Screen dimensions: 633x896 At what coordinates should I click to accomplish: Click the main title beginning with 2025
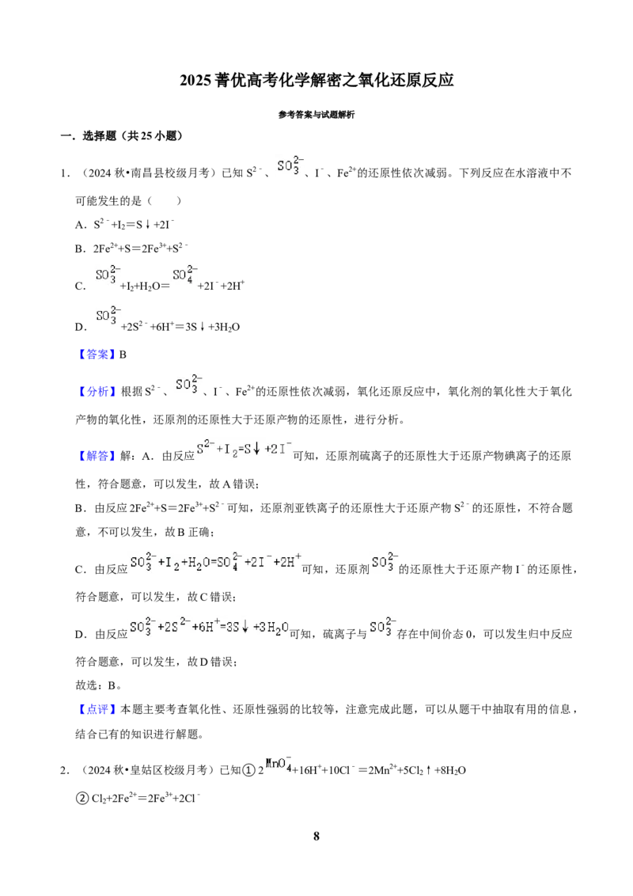click(316, 80)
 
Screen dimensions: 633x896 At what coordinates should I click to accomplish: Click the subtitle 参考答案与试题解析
click(316, 115)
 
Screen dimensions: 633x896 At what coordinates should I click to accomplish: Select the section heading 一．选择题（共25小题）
click(122, 136)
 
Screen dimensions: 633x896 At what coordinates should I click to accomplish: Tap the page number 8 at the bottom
click(316, 836)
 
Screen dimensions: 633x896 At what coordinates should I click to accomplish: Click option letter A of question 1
click(79, 225)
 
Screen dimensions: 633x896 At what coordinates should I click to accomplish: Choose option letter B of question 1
click(79, 249)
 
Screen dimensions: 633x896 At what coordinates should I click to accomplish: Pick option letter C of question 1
click(79, 287)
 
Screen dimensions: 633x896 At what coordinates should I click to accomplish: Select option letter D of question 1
click(79, 328)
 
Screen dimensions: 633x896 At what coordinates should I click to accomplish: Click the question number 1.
click(65, 173)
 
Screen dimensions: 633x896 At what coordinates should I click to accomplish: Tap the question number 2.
click(65, 770)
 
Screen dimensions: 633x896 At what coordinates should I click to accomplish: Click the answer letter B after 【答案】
click(123, 355)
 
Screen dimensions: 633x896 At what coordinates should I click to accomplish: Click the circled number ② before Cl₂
click(82, 799)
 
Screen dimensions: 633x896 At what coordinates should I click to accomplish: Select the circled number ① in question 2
click(248, 770)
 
